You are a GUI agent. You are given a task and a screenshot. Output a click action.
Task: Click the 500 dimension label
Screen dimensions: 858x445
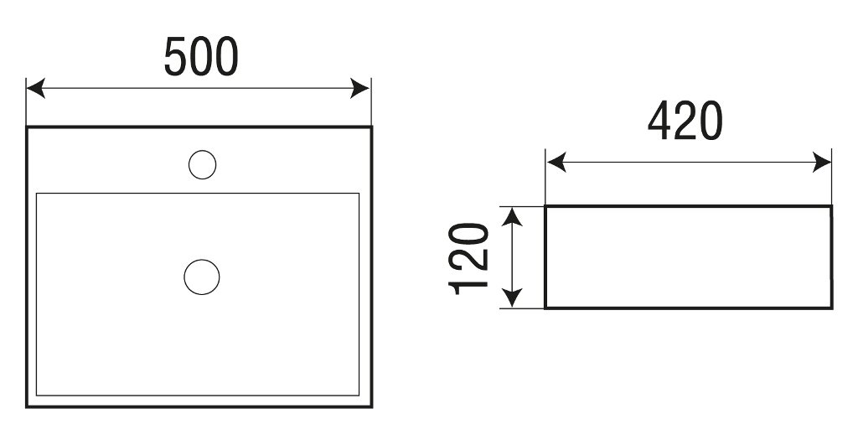coord(201,56)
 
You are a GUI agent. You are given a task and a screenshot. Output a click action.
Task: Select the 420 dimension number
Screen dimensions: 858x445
coord(685,121)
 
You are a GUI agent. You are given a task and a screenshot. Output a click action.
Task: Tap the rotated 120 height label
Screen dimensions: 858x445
coord(468,259)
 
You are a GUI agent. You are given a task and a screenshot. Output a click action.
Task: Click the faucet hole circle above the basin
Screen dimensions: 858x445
coord(203,165)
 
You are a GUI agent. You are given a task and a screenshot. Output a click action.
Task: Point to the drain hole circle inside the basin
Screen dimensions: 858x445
coord(202,277)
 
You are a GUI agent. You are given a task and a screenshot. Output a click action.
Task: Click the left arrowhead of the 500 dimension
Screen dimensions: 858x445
coord(35,88)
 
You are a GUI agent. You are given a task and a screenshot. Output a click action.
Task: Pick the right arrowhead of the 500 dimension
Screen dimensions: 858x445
coord(360,88)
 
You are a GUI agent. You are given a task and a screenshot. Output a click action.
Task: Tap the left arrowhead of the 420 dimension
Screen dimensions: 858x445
coord(556,163)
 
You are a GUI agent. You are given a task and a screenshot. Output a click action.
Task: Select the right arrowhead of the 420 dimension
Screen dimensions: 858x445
coord(823,163)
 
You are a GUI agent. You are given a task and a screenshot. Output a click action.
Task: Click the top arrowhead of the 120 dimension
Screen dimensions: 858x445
coord(512,217)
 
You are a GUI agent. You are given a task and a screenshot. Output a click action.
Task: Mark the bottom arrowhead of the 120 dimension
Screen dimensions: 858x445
coord(512,298)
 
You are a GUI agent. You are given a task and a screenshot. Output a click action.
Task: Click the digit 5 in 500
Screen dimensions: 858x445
coord(176,56)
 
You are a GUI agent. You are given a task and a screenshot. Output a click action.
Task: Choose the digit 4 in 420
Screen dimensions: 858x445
coord(660,121)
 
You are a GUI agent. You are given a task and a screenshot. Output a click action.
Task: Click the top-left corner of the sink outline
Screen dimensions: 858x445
coord(27,127)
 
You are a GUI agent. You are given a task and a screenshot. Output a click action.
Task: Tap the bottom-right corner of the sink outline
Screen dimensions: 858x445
coord(371,406)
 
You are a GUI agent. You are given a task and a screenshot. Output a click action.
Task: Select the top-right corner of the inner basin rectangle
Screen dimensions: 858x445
coord(359,194)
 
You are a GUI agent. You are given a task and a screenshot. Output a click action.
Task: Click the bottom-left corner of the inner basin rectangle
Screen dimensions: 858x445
coord(37,396)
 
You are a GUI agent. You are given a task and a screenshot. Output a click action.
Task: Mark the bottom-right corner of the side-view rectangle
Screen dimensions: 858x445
coord(832,308)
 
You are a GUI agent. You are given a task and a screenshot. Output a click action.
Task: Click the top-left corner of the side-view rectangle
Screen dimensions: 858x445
coord(545,206)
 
